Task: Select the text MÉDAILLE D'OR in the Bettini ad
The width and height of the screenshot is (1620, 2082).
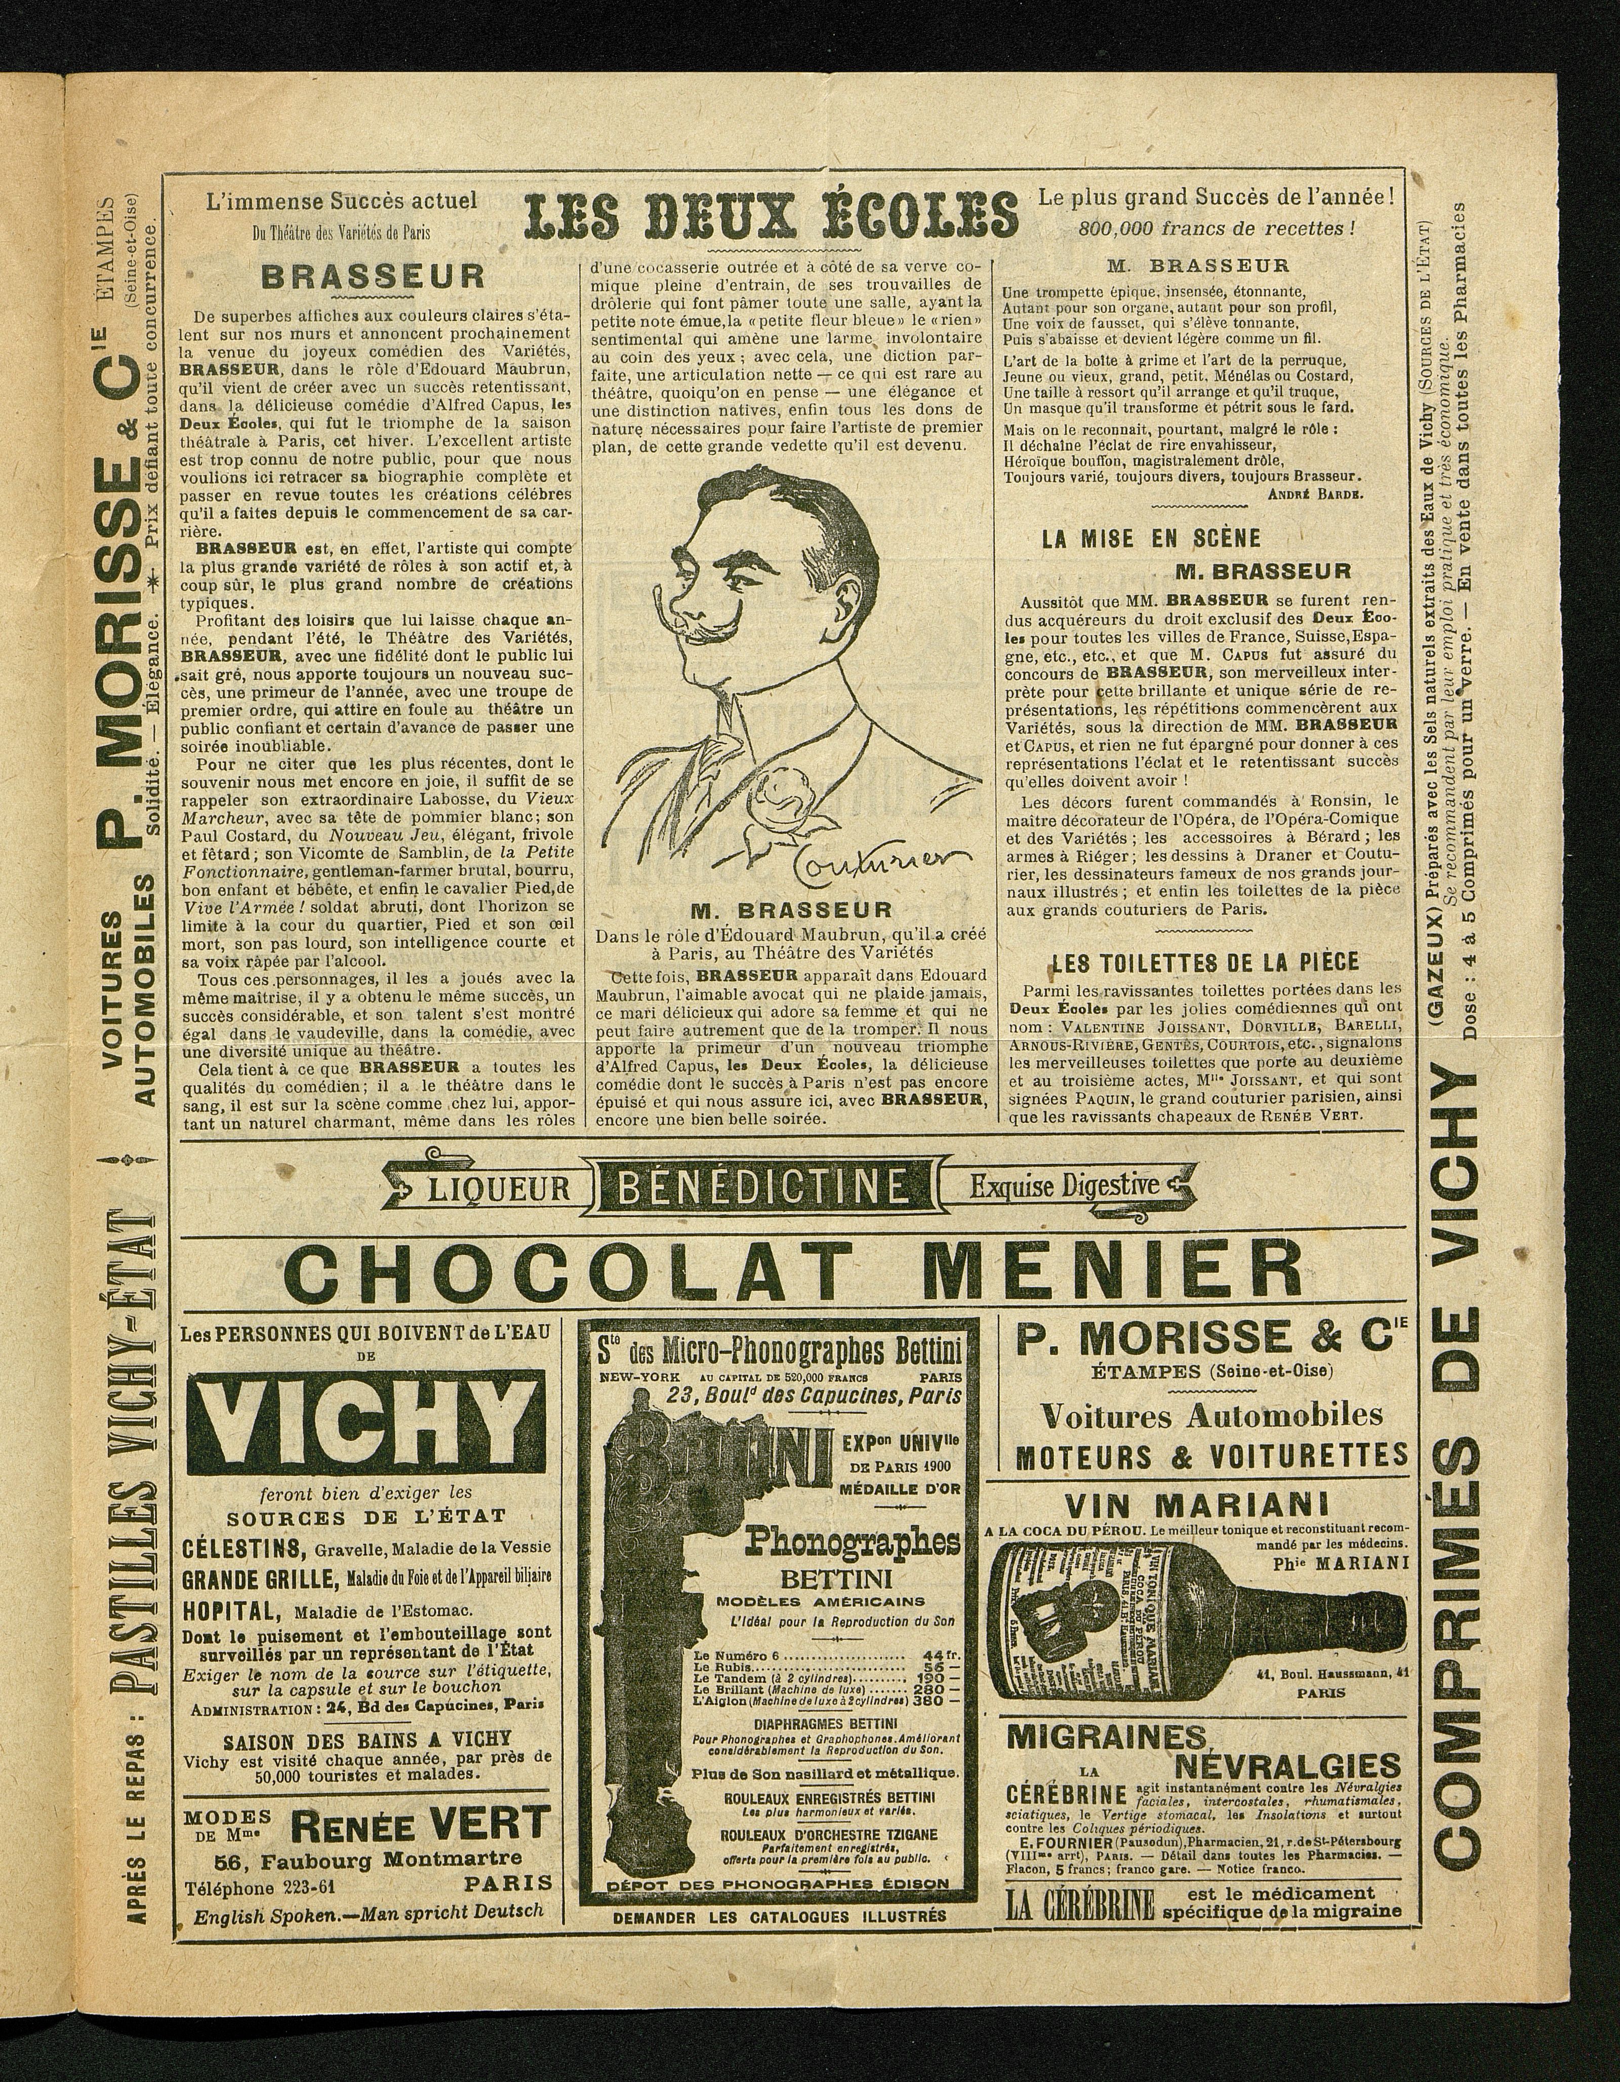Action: click(x=901, y=1489)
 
